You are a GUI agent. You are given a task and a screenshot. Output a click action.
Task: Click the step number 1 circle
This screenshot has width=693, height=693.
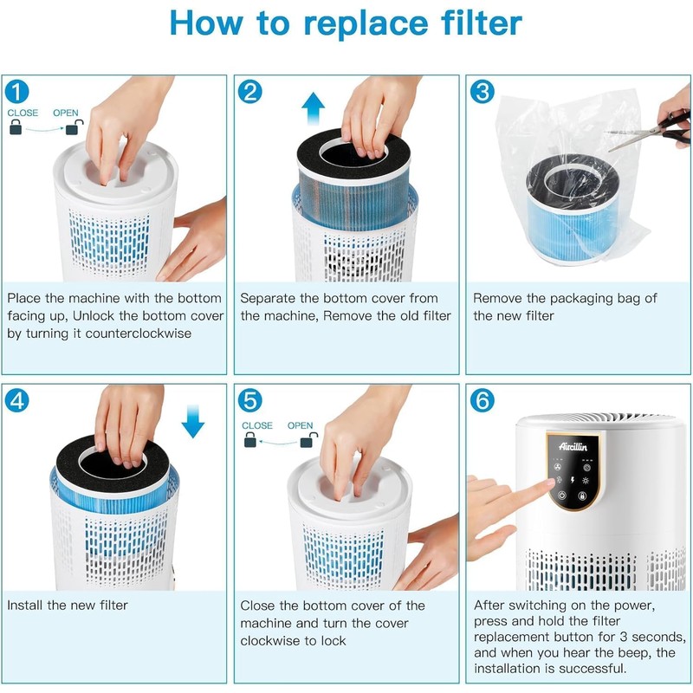[x=17, y=91]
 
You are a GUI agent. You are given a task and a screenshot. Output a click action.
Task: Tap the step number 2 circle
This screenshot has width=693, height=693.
[x=250, y=91]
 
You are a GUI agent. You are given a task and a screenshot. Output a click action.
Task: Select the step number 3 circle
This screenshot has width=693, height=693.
[x=483, y=91]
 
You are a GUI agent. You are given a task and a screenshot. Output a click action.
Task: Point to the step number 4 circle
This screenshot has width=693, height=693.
[x=17, y=400]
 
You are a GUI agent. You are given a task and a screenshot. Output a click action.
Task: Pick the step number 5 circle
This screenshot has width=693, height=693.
[x=250, y=400]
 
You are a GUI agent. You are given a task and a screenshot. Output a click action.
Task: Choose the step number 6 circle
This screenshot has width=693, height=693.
[x=483, y=400]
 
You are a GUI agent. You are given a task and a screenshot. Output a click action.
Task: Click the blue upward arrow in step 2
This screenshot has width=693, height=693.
[x=313, y=111]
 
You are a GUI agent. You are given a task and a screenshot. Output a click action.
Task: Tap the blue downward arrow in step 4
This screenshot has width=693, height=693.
[x=193, y=421]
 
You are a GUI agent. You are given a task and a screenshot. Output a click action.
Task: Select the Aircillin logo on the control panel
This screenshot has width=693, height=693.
[x=572, y=445]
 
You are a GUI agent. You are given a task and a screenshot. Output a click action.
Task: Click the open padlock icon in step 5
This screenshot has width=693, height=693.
[x=306, y=441]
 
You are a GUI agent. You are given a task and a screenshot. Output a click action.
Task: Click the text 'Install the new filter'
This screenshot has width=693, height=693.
[x=68, y=605]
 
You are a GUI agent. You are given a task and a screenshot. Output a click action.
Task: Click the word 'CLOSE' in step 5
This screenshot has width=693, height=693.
[x=257, y=425]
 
